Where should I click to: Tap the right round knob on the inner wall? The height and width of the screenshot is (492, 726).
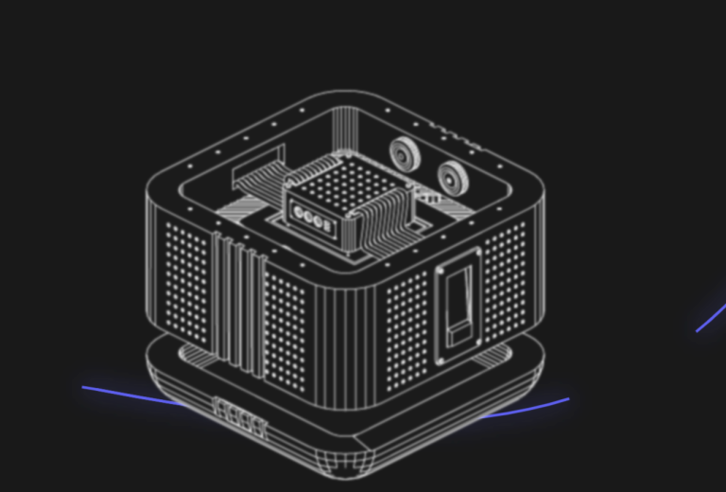452,175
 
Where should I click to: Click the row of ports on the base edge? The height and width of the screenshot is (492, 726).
240,417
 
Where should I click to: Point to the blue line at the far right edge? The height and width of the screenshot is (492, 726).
711,317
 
